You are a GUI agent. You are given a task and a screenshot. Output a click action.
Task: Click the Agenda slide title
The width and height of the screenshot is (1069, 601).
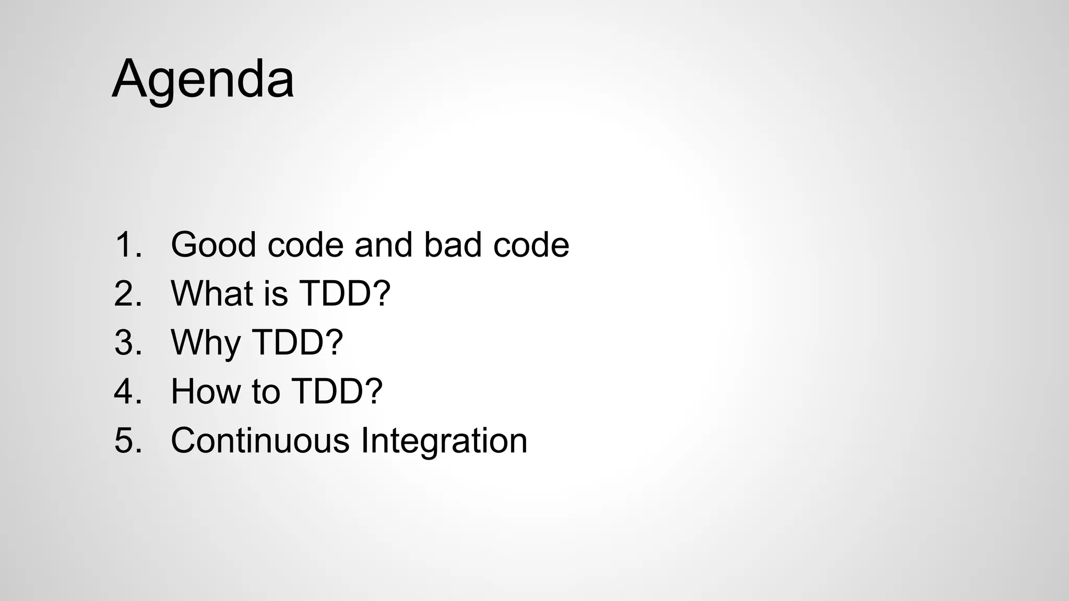[203, 79]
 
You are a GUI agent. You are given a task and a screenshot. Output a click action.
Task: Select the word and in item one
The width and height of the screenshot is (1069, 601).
[384, 245]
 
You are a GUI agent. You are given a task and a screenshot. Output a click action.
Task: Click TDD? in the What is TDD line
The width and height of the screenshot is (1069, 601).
[345, 293]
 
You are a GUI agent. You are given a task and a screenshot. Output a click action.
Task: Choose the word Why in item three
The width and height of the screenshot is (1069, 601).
[206, 343]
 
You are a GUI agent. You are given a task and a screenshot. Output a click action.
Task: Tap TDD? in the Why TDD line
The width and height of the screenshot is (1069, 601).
[298, 342]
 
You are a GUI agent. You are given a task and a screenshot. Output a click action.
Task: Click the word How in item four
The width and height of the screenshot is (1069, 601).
[206, 391]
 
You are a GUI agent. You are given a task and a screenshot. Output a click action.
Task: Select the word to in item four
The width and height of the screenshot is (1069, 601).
[266, 391]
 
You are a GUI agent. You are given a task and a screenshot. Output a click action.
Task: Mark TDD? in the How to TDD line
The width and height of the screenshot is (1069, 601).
[337, 391]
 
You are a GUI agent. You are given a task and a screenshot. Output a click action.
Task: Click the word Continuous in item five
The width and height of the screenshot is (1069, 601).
[260, 440]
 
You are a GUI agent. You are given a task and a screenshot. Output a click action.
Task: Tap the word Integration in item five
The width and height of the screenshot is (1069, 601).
[444, 441]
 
